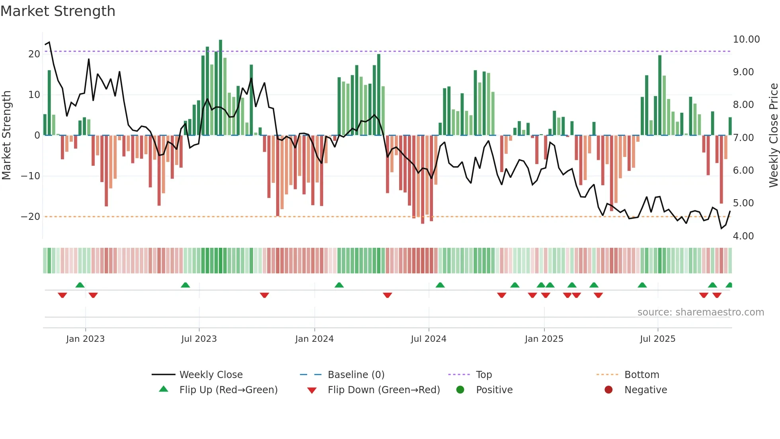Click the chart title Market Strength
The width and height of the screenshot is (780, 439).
point(58,11)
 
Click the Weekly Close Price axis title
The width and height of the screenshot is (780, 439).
point(774,135)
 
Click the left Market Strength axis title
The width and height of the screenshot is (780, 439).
point(6,135)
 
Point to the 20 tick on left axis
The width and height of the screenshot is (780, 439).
point(34,54)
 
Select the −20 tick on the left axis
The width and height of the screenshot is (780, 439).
point(31,217)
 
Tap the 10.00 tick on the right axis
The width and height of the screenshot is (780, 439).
point(746,39)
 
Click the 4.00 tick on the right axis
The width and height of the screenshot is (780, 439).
point(743,236)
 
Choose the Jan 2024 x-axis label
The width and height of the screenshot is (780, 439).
point(314,339)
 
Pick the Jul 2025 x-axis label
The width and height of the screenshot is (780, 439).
point(657,339)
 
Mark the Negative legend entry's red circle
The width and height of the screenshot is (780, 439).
point(608,390)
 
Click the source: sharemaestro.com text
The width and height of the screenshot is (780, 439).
point(700,312)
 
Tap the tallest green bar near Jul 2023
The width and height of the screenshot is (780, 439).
point(220,88)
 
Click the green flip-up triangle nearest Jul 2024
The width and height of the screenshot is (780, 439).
point(440,285)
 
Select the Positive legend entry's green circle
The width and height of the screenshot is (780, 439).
point(460,390)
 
